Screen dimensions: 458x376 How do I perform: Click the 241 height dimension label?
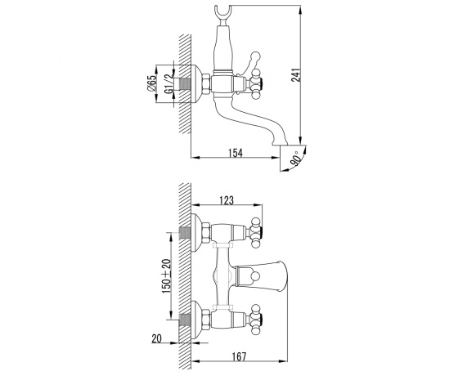pyautogui.click(x=296, y=75)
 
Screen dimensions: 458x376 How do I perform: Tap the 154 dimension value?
pyautogui.click(x=236, y=153)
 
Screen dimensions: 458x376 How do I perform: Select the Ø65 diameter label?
pyautogui.click(x=151, y=83)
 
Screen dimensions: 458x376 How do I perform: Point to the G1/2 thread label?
pyautogui.click(x=168, y=83)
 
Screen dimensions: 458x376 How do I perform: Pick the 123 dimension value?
pyautogui.click(x=227, y=200)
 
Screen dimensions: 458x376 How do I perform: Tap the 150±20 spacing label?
pyautogui.click(x=167, y=276)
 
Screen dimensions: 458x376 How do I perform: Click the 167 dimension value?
pyautogui.click(x=239, y=356)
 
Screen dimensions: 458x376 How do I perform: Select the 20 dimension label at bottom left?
pyautogui.click(x=156, y=338)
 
